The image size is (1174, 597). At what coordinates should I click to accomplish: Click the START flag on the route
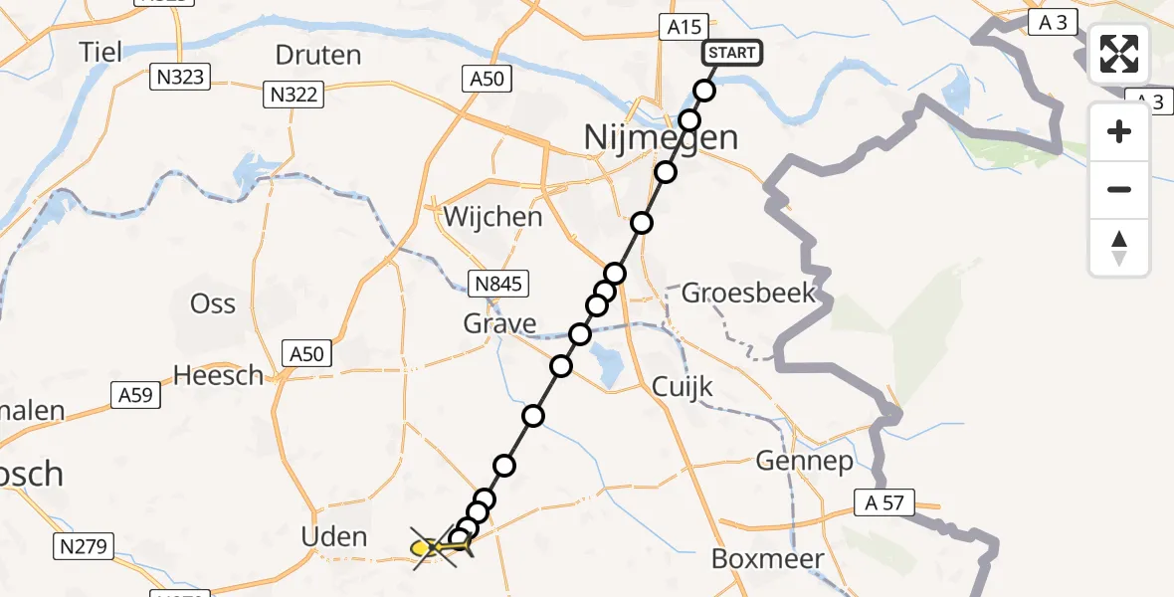(732, 53)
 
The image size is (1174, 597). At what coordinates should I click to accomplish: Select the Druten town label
(317, 55)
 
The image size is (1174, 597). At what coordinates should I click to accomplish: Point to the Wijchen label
(493, 217)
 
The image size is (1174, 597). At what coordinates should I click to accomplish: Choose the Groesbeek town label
(749, 294)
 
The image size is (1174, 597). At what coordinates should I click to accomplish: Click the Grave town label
(499, 323)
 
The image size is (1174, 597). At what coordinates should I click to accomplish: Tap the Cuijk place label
(683, 386)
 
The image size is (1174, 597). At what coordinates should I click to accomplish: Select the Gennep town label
(805, 461)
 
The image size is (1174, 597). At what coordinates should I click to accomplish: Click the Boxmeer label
(767, 559)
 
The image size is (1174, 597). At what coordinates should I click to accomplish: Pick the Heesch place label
(219, 375)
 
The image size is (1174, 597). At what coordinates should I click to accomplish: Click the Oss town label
(212, 302)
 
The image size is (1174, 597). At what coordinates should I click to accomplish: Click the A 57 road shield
(883, 502)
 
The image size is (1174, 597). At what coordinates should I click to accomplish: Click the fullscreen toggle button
(1119, 54)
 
